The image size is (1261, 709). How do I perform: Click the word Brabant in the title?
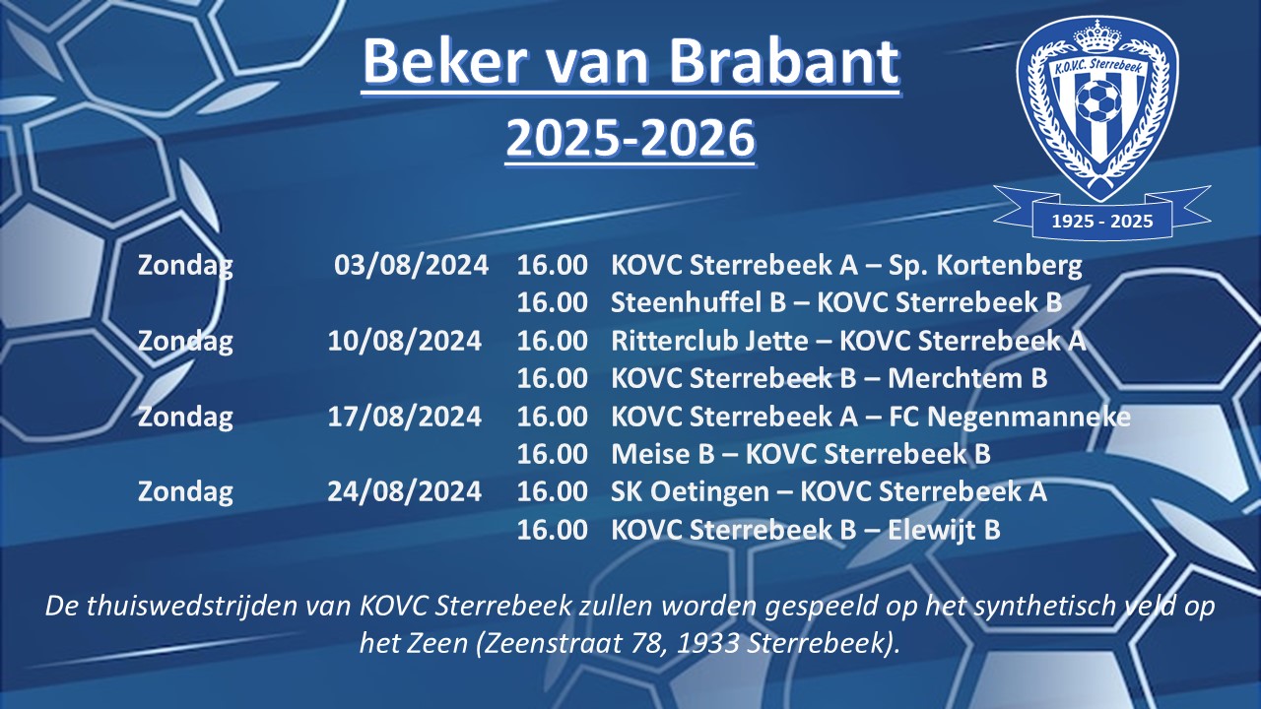click(x=783, y=61)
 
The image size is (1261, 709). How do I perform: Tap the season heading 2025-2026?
click(x=630, y=139)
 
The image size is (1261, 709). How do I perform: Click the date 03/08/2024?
click(x=411, y=265)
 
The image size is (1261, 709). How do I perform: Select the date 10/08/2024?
click(x=404, y=341)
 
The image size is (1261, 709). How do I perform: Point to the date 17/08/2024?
click(x=404, y=417)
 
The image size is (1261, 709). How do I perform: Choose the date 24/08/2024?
click(x=404, y=491)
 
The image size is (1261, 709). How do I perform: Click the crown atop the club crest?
click(x=1098, y=35)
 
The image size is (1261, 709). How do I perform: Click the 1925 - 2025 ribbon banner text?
click(x=1102, y=222)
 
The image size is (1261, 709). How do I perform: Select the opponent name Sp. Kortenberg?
click(x=985, y=266)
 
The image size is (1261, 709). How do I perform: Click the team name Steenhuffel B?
click(x=698, y=302)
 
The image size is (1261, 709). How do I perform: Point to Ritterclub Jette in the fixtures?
click(x=709, y=341)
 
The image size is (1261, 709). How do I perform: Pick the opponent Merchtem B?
click(x=967, y=378)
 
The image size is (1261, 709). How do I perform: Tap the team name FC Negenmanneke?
click(x=1010, y=418)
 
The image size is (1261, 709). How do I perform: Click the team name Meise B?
click(x=663, y=454)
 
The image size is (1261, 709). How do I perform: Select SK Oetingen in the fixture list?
click(x=690, y=492)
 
